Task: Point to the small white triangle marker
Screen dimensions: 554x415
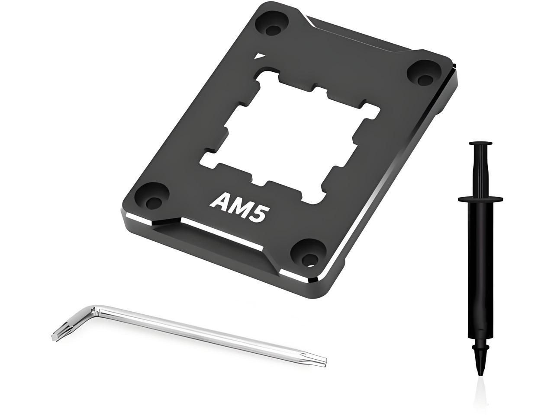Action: (x=258, y=56)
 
